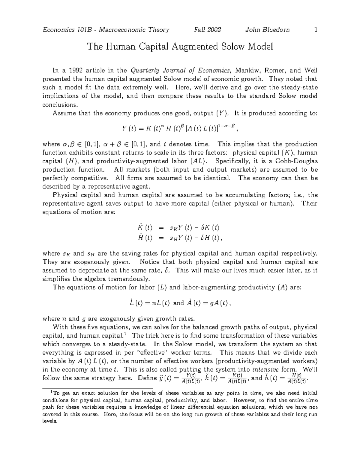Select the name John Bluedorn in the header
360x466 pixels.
tap(267, 30)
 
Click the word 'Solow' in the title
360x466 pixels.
tap(233, 47)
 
